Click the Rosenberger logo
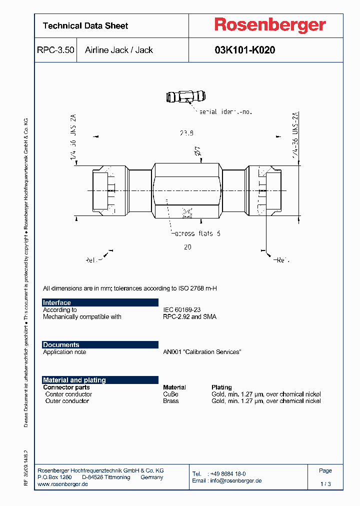[x=270, y=25]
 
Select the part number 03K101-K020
[x=244, y=50]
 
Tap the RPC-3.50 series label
[x=55, y=50]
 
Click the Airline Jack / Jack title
[x=119, y=50]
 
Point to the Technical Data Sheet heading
[x=85, y=26]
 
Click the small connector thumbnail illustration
[x=185, y=96]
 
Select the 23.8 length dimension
[x=186, y=133]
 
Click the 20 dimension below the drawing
[x=187, y=247]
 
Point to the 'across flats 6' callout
[x=197, y=233]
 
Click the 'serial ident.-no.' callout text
[x=225, y=111]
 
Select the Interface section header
[x=57, y=302]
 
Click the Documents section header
[x=61, y=344]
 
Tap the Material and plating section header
[x=74, y=380]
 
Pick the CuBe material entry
[x=170, y=394]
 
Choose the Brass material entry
[x=170, y=401]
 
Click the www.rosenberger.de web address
[x=63, y=484]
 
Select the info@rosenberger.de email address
[x=236, y=480]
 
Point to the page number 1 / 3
[x=325, y=484]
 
